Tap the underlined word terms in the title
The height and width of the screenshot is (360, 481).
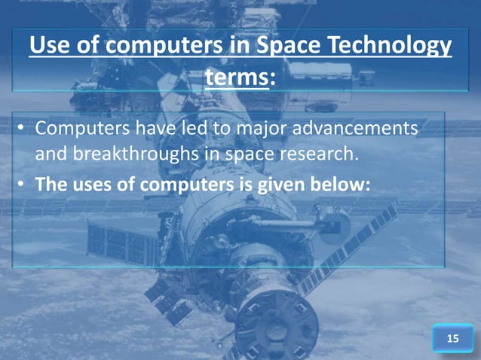[235, 77]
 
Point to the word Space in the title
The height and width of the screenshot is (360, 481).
[296, 47]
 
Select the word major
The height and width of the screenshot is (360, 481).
[255, 130]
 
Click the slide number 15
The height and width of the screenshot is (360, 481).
[452, 340]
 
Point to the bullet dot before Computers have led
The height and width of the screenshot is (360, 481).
[23, 130]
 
